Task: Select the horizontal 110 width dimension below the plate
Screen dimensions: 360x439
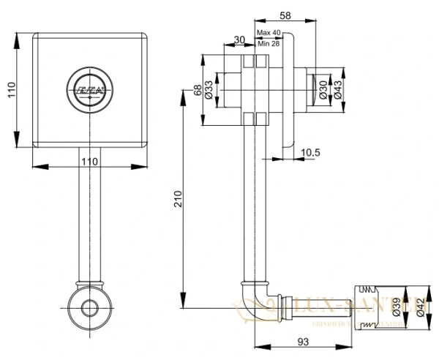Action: click(x=88, y=160)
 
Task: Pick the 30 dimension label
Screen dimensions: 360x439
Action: click(x=239, y=40)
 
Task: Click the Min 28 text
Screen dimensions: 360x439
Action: click(x=269, y=44)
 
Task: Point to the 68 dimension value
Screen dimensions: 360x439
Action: click(x=198, y=90)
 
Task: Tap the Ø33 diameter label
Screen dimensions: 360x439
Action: click(x=209, y=90)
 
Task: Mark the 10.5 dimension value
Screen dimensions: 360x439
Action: click(x=309, y=152)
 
